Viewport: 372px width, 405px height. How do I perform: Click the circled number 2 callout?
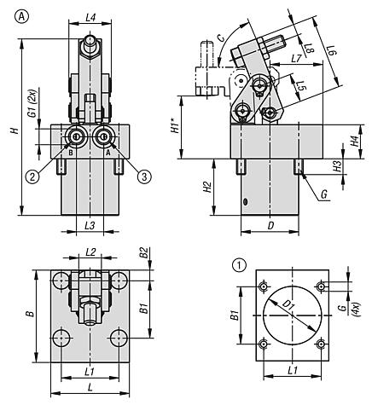tap(32, 176)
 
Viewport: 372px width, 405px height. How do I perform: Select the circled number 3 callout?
tap(144, 176)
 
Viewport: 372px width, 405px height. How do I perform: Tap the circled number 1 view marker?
tap(239, 266)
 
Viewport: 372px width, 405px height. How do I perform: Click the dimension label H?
tap(15, 130)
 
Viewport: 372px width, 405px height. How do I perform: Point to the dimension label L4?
tap(90, 18)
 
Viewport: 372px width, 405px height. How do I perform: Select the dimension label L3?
tap(90, 226)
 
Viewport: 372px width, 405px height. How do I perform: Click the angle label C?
tap(221, 38)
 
